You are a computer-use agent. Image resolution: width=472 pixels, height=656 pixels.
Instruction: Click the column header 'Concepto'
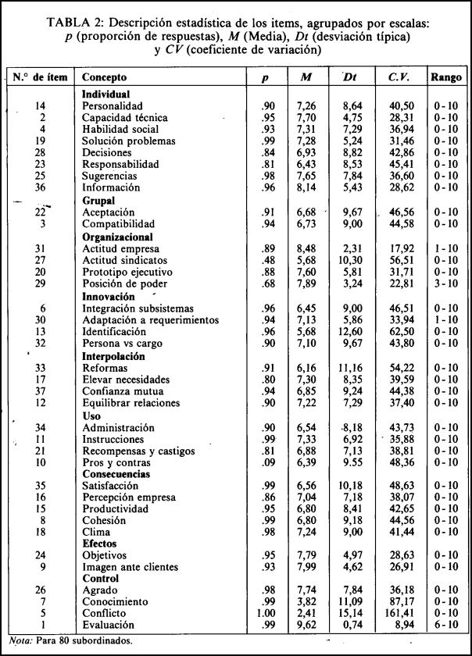pos(104,78)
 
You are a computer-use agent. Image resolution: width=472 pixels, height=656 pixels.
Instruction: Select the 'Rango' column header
pos(445,78)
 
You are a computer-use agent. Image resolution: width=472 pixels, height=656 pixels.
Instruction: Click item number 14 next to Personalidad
pos(42,105)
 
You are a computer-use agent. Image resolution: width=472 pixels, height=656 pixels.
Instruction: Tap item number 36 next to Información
pos(42,188)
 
